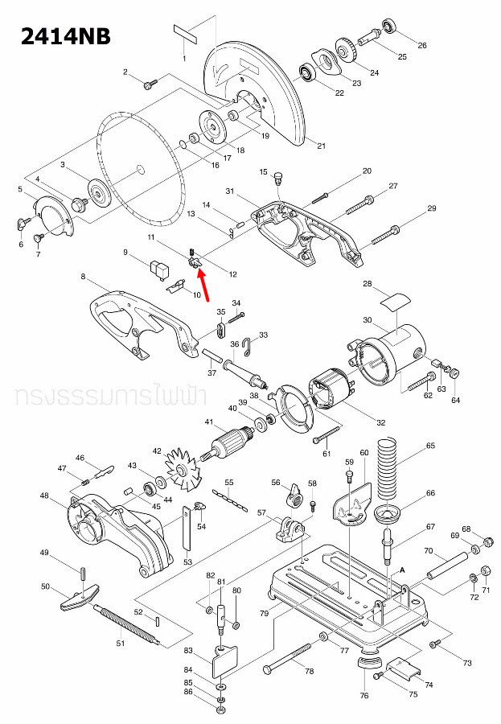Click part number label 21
click(321, 146)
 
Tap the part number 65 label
click(430, 445)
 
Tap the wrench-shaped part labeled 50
click(77, 596)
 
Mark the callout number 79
click(263, 614)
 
